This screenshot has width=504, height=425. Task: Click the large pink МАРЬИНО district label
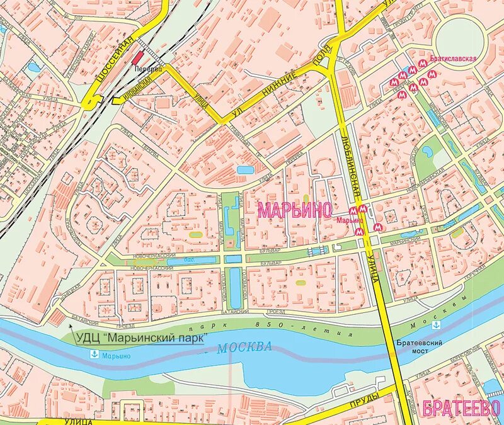tap(294, 210)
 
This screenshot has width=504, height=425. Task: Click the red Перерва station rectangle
tap(138, 58)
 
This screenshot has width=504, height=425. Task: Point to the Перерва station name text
tap(147, 68)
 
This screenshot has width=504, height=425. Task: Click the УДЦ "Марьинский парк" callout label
tap(141, 338)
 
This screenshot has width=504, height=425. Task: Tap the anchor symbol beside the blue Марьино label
tap(93, 354)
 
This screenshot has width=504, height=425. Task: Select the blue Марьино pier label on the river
tap(116, 356)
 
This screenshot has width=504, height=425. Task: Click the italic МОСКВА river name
tap(244, 347)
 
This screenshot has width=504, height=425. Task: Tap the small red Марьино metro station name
tap(349, 220)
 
